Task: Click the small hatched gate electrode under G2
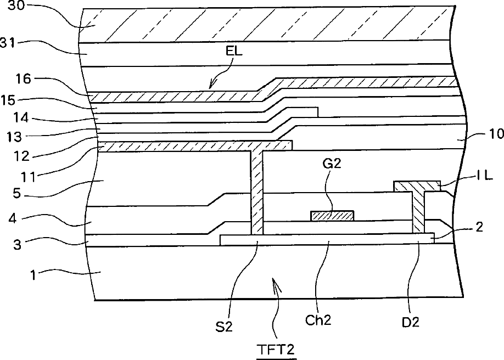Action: [332, 216]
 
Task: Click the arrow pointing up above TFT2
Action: [278, 285]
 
